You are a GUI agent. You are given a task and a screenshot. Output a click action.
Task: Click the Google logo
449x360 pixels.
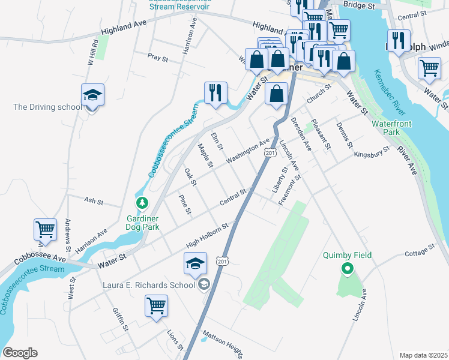[20, 353]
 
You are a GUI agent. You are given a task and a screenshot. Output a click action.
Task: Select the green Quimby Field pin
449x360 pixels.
[346, 269]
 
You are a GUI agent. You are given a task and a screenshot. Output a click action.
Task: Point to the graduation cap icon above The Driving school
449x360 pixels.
[93, 95]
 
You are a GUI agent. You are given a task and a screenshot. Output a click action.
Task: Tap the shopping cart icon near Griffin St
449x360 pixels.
[156, 305]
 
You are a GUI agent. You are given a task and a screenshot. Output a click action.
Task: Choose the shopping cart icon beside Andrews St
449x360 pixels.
[45, 229]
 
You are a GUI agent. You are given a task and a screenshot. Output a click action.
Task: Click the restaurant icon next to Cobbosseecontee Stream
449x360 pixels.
[215, 92]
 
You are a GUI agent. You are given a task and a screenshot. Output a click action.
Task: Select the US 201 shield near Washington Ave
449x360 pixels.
[270, 154]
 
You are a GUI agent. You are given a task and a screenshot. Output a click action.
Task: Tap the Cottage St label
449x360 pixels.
[419, 251]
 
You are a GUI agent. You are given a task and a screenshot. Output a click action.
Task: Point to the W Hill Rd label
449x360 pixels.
[92, 52]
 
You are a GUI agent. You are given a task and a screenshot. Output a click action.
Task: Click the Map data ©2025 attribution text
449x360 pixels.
[423, 355]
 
